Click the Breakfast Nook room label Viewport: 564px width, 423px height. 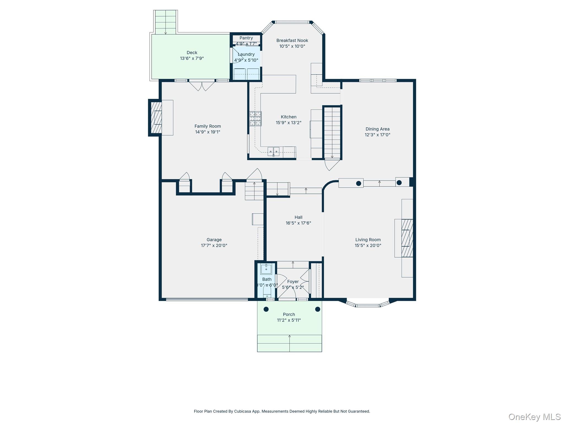point(292,40)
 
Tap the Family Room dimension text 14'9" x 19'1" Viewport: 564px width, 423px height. point(208,132)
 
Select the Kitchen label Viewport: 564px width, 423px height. point(289,117)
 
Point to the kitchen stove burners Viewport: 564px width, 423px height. point(255,119)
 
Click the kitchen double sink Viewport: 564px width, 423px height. point(273,151)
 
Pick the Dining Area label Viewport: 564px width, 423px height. point(378,129)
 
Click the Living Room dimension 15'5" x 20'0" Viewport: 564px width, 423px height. point(368,245)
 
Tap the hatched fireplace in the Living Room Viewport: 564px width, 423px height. point(407,238)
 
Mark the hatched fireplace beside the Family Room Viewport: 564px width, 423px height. point(156,118)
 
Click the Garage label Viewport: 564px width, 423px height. point(214,240)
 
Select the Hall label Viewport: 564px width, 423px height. point(298,217)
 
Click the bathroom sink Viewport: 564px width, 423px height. point(266,269)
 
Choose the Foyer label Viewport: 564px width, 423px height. point(293,281)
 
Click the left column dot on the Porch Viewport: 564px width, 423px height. point(266,309)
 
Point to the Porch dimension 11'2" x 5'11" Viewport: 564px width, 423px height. point(289,320)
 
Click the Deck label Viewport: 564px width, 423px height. point(192,53)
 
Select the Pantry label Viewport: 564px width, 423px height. point(246,38)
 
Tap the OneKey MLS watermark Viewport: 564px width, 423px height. point(535,417)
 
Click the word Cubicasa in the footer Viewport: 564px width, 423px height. point(243,411)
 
